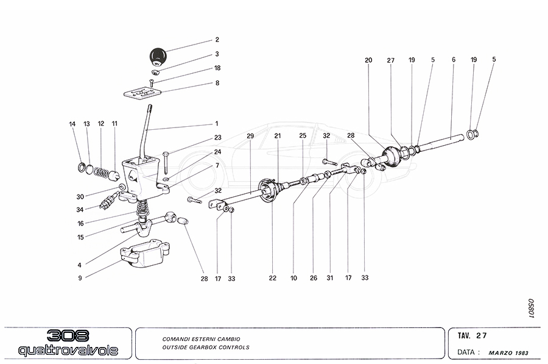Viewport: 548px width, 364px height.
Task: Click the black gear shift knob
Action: coord(158,57)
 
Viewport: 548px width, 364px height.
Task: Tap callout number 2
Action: coord(217,40)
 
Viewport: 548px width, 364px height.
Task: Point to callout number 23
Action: coord(218,138)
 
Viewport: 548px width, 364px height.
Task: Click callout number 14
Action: coord(72,124)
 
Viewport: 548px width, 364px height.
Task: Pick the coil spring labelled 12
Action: coord(101,172)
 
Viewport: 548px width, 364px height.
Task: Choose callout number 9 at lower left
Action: coord(80,278)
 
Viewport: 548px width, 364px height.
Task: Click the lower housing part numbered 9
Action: coord(145,252)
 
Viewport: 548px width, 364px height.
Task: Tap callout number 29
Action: coord(250,136)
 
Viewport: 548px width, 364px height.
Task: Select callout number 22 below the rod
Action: coord(273,278)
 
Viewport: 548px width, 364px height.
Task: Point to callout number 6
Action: coord(454,60)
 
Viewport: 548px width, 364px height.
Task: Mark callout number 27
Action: coord(390,60)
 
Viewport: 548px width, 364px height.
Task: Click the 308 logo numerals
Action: coord(68,336)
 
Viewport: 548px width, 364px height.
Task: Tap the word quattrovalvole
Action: coord(68,350)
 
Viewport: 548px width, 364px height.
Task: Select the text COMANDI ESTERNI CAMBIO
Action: coord(201,339)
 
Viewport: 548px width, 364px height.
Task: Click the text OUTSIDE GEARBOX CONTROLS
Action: coord(206,347)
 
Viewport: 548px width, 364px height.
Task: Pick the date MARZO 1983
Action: coord(508,353)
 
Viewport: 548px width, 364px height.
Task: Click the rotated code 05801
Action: coord(531,308)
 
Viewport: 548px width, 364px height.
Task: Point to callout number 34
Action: coord(80,210)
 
